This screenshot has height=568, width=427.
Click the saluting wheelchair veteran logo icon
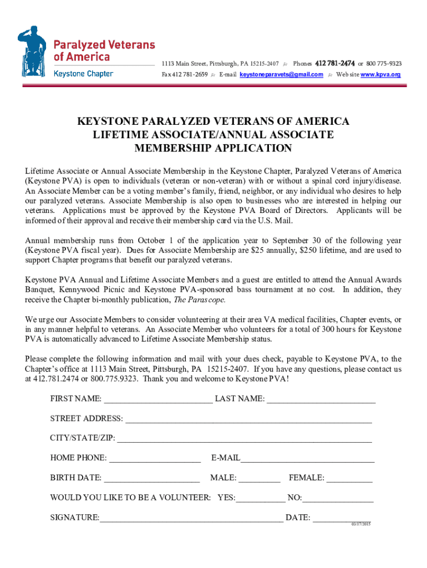[33, 50]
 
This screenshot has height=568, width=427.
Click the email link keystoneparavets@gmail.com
[281, 74]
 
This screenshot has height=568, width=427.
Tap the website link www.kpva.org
[380, 74]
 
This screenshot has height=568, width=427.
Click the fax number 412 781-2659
[190, 74]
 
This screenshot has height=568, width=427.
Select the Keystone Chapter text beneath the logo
[83, 74]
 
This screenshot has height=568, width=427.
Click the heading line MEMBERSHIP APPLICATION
[213, 148]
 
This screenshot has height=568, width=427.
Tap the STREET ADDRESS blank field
[248, 419]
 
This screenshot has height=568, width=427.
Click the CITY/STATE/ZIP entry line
[244, 439]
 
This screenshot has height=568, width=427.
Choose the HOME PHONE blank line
[155, 459]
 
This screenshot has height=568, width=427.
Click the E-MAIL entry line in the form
[307, 459]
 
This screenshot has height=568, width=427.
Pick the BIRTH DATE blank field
[152, 478]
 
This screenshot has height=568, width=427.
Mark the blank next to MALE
[260, 478]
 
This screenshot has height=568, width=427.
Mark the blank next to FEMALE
[349, 478]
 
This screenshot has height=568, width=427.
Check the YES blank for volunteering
[260, 498]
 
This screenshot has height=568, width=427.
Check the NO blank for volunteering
[338, 498]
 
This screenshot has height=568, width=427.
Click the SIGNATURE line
[191, 519]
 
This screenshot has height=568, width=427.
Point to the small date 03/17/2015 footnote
[360, 524]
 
